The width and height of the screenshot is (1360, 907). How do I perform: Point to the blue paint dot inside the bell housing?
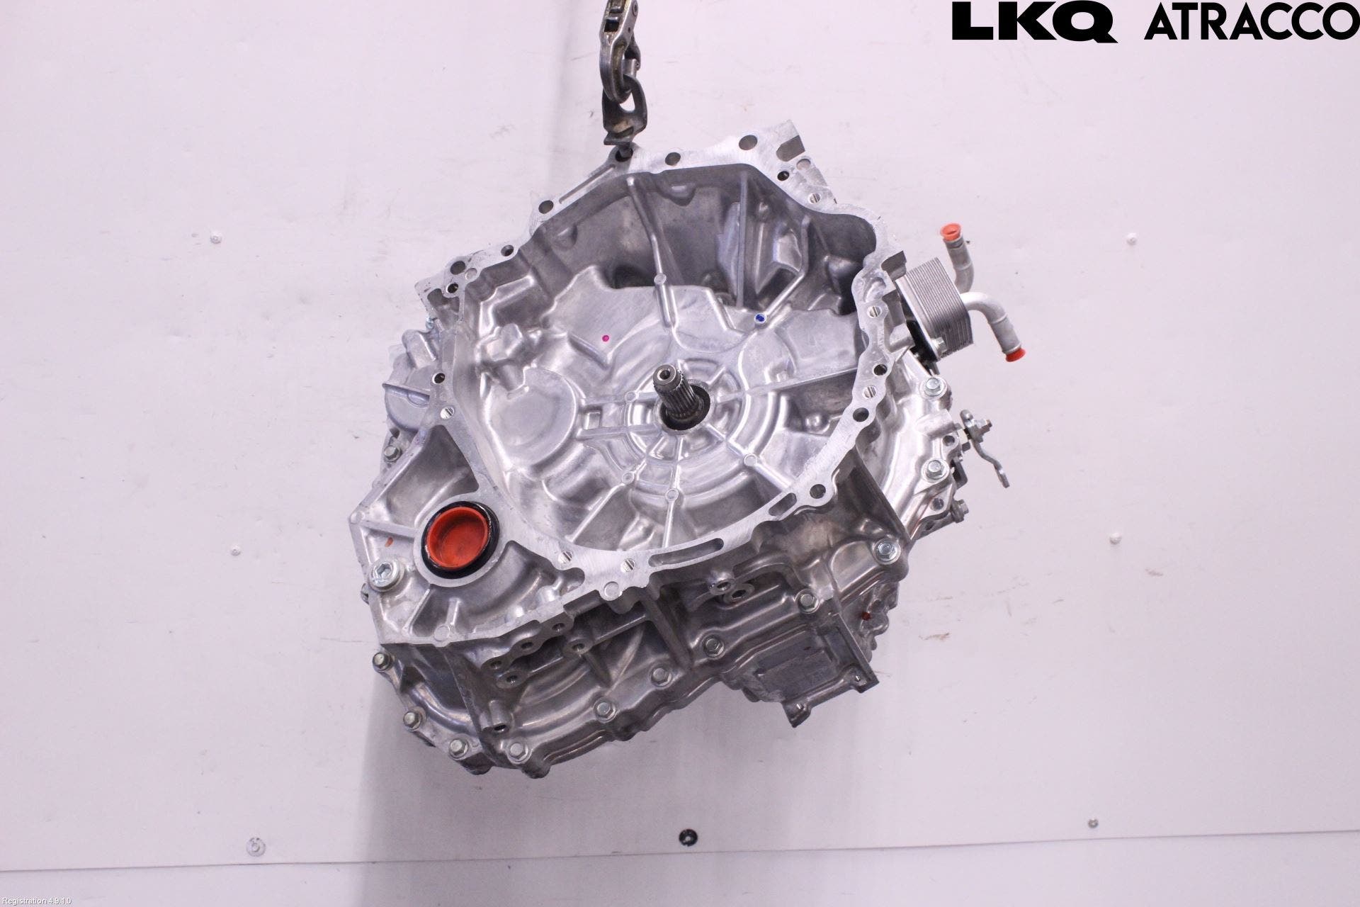point(759,317)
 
